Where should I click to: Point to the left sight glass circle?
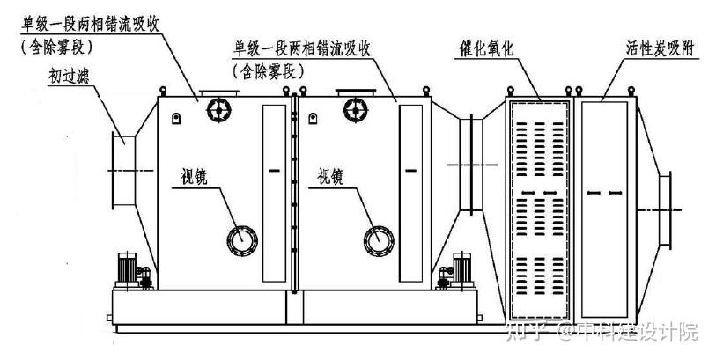242,239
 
